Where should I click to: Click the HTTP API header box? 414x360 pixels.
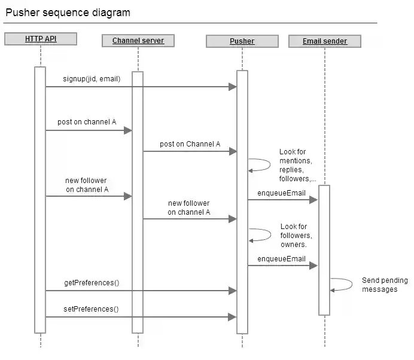tap(41, 39)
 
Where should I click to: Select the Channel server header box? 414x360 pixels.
tap(138, 41)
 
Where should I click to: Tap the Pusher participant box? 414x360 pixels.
tap(242, 41)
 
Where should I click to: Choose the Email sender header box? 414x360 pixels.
tap(324, 41)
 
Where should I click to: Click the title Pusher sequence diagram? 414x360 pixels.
tap(68, 13)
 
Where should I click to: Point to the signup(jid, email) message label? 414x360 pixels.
tap(92, 79)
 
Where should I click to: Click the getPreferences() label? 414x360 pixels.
tap(92, 282)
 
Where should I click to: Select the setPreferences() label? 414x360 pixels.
tap(91, 309)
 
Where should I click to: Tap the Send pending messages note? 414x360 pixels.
tap(385, 285)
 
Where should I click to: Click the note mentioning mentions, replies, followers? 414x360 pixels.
tap(297, 165)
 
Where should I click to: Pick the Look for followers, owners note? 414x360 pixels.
tap(294, 235)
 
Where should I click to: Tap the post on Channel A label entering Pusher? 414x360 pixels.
tap(190, 144)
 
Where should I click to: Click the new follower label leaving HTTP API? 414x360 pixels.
tap(87, 185)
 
